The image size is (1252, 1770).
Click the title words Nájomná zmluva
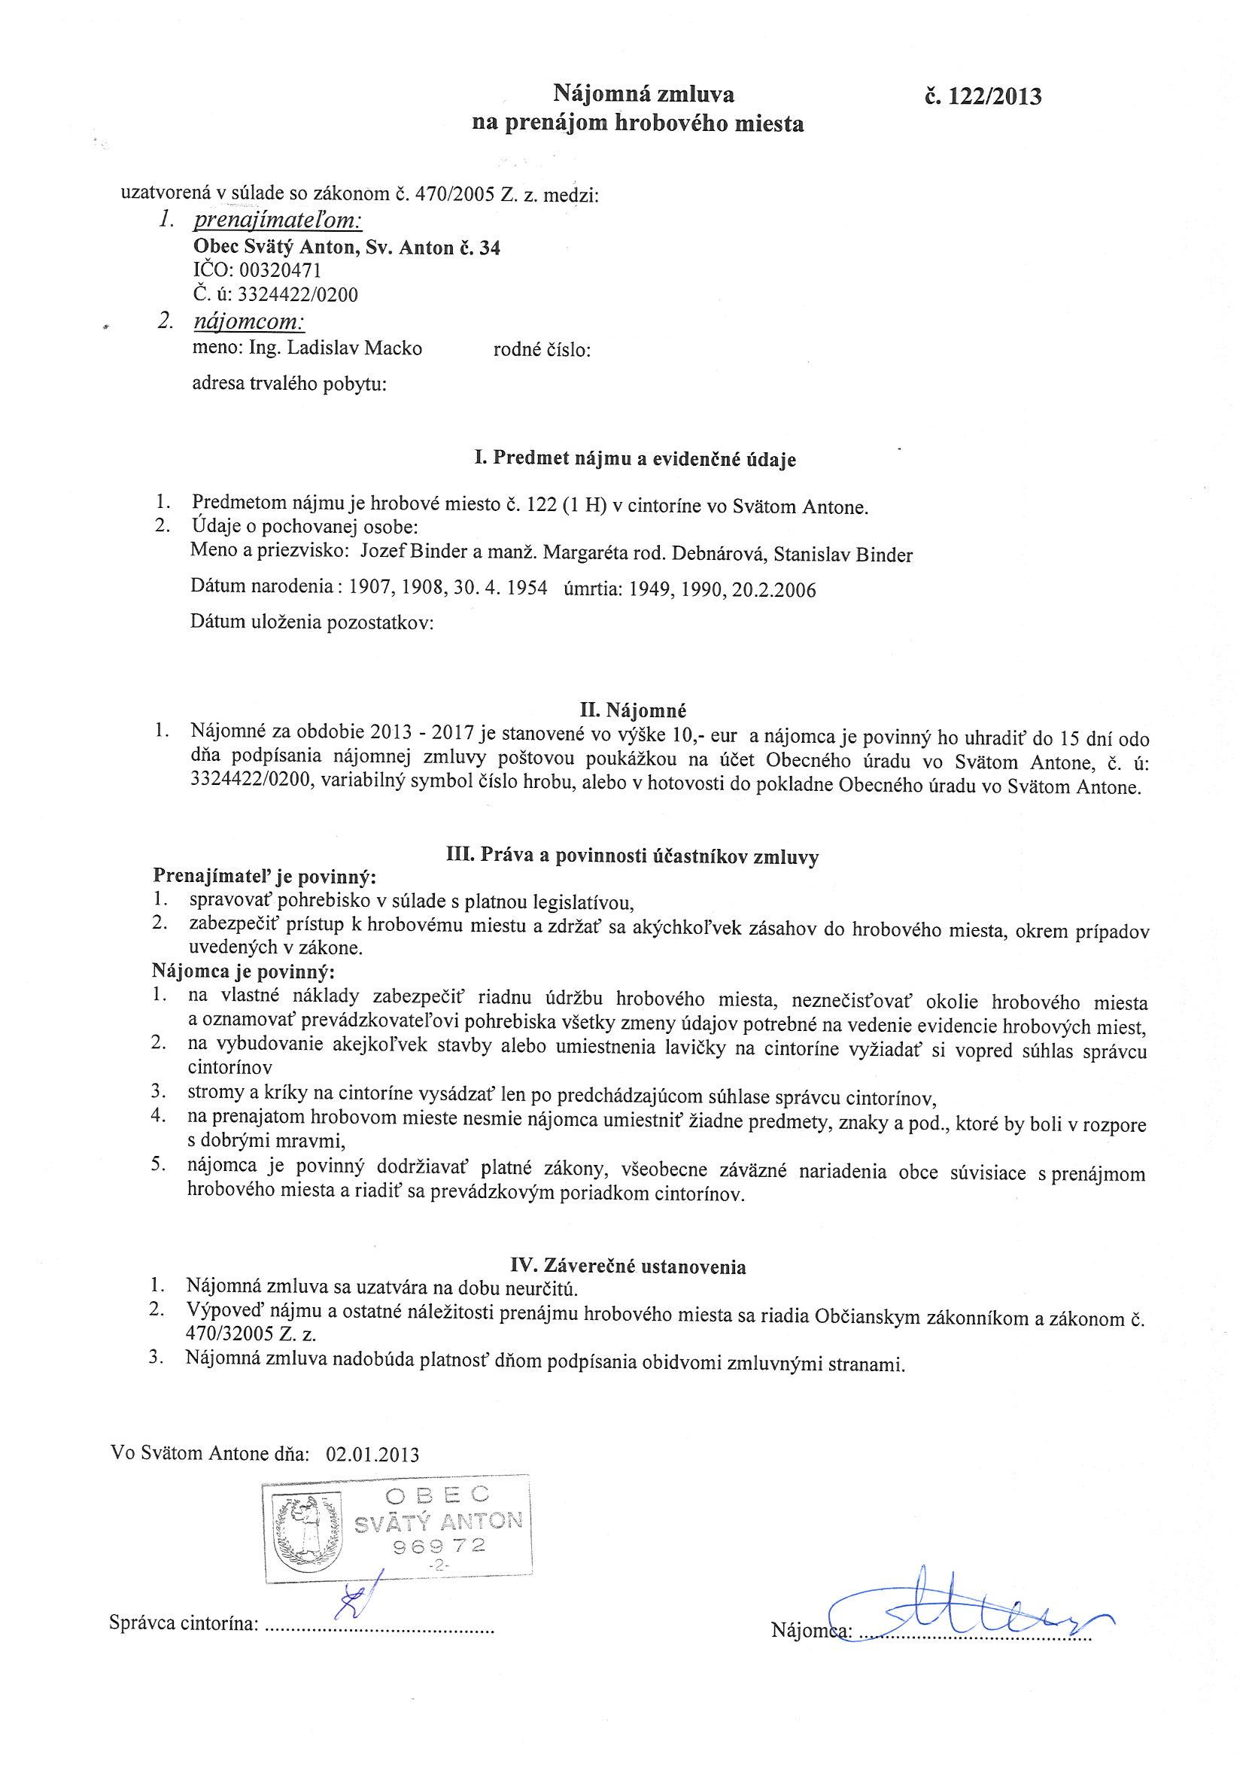pyautogui.click(x=644, y=95)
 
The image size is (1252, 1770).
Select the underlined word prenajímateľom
pyautogui.click(x=278, y=221)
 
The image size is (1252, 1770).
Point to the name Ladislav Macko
pyautogui.click(x=354, y=348)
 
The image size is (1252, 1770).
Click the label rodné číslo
pyautogui.click(x=542, y=351)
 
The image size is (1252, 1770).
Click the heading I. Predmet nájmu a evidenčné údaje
pyautogui.click(x=635, y=460)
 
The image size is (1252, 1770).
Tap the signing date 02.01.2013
pyautogui.click(x=372, y=1455)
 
